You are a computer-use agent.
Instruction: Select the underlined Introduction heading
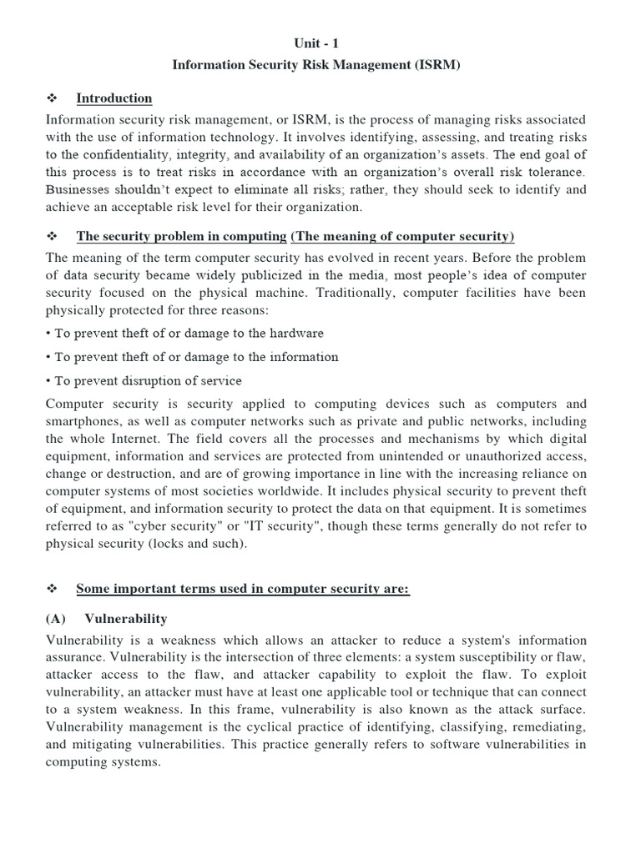coord(114,98)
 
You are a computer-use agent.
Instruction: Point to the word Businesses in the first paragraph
coord(81,189)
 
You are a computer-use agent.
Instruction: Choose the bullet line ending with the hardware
coord(184,334)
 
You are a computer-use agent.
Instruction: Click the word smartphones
coord(86,421)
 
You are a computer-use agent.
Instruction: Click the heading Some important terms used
coord(242,589)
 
